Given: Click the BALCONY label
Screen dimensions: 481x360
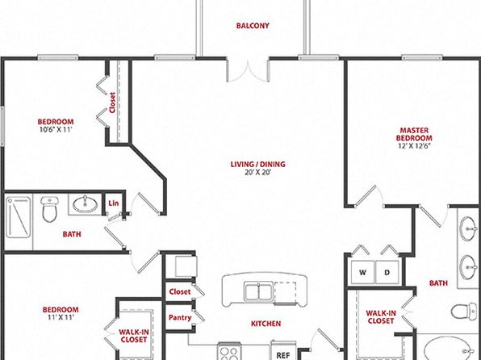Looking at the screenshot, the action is tap(253, 26).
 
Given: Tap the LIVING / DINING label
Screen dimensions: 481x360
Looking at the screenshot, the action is tap(258, 164).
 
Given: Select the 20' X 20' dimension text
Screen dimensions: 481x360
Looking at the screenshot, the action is tap(258, 172).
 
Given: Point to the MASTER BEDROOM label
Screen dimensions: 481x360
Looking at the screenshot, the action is tap(414, 134).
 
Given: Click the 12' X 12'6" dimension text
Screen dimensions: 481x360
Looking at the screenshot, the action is tap(414, 146).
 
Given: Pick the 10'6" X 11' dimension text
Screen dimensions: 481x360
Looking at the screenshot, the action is tap(56, 129).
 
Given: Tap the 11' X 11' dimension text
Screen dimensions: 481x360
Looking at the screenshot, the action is tap(61, 317).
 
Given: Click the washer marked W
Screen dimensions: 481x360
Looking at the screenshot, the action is tap(362, 273).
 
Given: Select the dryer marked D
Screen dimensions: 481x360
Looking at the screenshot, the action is tap(387, 273).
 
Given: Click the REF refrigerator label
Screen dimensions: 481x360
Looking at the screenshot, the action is tap(282, 355).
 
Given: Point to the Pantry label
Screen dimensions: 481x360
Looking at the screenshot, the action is tap(180, 318).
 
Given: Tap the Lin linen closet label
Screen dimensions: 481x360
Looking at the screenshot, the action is tap(114, 203).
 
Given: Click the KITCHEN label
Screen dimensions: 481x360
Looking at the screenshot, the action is tap(266, 324).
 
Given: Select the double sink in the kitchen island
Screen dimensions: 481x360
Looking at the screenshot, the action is tap(258, 291).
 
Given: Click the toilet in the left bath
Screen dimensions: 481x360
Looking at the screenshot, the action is tap(49, 209).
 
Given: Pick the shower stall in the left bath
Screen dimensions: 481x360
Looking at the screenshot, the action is tap(19, 217).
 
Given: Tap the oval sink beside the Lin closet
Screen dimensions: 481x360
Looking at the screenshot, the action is tap(86, 203).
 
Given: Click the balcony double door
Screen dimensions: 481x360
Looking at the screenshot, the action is tap(248, 71).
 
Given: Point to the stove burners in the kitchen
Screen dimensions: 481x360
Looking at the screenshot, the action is tap(229, 353).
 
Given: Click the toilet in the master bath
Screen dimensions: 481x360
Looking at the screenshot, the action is tap(463, 312).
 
